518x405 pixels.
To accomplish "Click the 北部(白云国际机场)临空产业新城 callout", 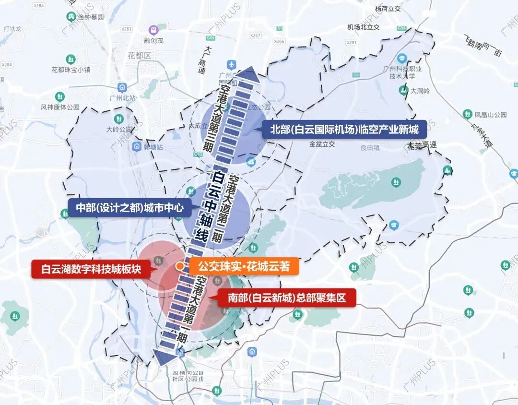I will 343,129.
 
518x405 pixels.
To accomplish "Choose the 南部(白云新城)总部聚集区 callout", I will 287,298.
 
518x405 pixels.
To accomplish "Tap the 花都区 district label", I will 140,56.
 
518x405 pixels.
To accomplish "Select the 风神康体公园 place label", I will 60,107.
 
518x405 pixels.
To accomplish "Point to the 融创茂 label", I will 153,41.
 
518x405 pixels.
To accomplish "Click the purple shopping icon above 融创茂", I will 153,30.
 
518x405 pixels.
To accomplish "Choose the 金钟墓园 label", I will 91,17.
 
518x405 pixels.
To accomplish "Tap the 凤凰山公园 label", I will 490,115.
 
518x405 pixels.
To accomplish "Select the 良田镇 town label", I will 370,148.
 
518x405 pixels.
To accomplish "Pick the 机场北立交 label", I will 364,27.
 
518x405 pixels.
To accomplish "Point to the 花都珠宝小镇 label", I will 71,70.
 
